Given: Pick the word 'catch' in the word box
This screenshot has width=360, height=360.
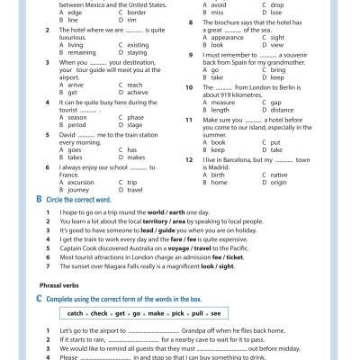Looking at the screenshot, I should click(x=76, y=313).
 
